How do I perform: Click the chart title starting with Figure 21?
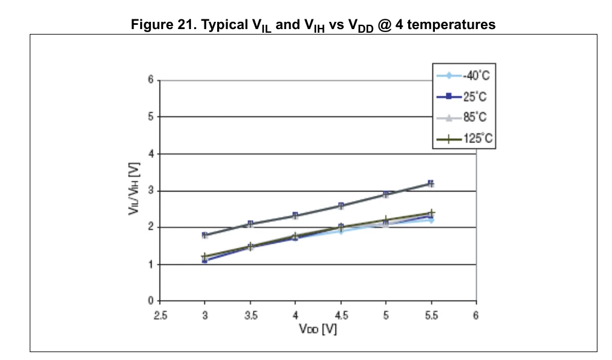pyautogui.click(x=313, y=25)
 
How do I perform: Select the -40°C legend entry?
pyautogui.click(x=463, y=75)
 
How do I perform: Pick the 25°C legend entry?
pyautogui.click(x=462, y=96)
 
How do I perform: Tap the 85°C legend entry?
pyautogui.click(x=462, y=117)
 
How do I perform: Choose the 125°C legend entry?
pyautogui.click(x=465, y=138)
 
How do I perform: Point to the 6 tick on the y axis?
pyautogui.click(x=150, y=80)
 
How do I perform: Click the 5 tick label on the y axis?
pyautogui.click(x=150, y=116)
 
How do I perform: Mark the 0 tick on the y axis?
pyautogui.click(x=150, y=301)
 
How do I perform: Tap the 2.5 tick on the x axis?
pyautogui.click(x=160, y=315)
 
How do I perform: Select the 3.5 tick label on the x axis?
pyautogui.click(x=251, y=315)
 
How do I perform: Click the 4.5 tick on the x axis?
pyautogui.click(x=341, y=315)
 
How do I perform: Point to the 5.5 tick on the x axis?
pyautogui.click(x=431, y=315)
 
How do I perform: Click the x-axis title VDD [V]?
pyautogui.click(x=318, y=329)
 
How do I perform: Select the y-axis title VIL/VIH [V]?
pyautogui.click(x=134, y=188)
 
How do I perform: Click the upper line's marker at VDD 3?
pyautogui.click(x=205, y=235)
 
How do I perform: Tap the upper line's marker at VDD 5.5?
pyautogui.click(x=431, y=183)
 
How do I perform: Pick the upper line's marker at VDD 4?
pyautogui.click(x=295, y=215)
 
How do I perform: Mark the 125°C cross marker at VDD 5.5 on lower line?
pyautogui.click(x=431, y=213)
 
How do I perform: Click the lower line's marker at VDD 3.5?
pyautogui.click(x=250, y=247)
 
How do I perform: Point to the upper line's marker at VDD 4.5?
pyautogui.click(x=341, y=205)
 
